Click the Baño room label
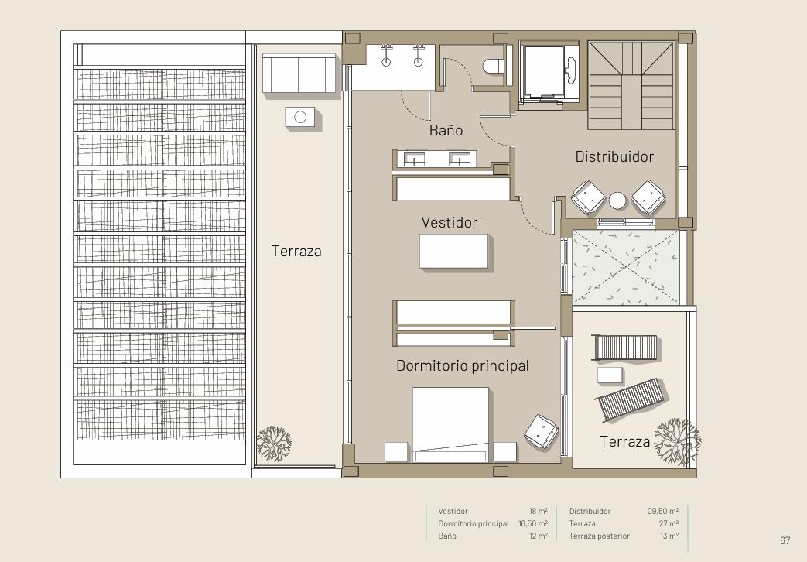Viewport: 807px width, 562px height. pos(446,130)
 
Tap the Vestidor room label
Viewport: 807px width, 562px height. pos(450,222)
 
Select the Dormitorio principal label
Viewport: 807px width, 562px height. pos(463,365)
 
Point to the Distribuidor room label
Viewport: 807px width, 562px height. pos(614,156)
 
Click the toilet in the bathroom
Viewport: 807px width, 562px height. pos(494,66)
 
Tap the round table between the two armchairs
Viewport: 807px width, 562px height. pos(617,200)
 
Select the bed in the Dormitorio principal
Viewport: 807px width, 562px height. pos(450,424)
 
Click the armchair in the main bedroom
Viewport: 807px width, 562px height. pos(541,432)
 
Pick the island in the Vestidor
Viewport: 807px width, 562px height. pos(453,251)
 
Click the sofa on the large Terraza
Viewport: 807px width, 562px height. pos(299,73)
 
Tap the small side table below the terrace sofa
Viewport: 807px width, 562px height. pos(300,117)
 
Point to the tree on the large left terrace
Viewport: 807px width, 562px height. pos(274,444)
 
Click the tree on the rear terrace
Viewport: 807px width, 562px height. pos(677,442)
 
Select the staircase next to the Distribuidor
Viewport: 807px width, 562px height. pos(631,85)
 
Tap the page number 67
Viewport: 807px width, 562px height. pos(785,540)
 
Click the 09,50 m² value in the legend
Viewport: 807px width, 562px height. pos(663,512)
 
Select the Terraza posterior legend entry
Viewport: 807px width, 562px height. pos(599,536)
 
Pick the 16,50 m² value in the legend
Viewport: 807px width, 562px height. pos(533,524)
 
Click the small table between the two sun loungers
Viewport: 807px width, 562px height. pos(610,375)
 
